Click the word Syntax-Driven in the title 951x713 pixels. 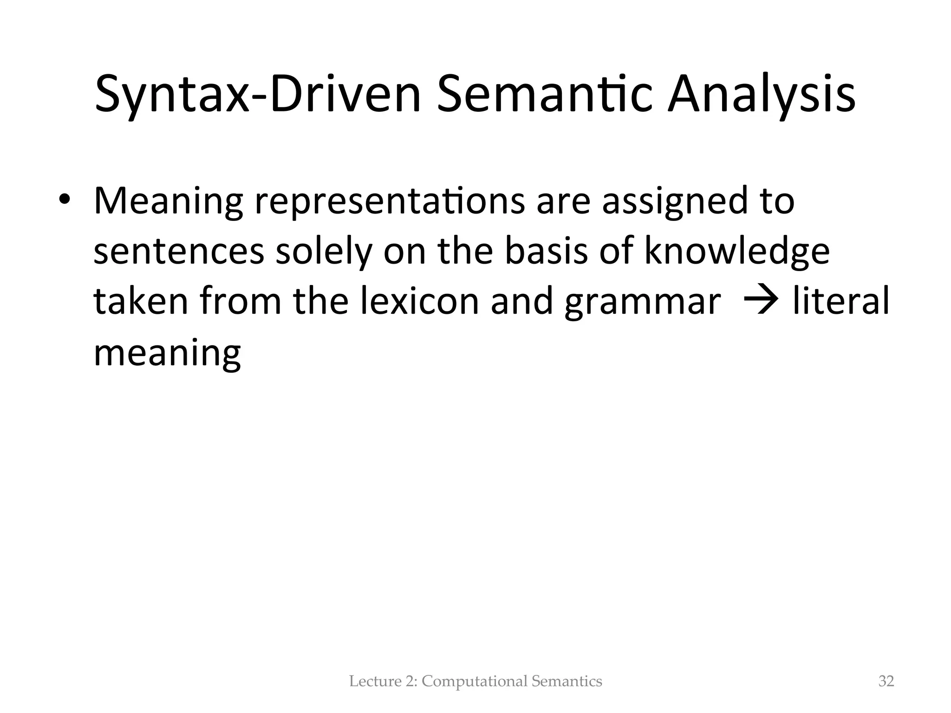tap(258, 95)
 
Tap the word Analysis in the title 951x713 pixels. tap(761, 95)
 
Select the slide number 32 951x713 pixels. tap(886, 681)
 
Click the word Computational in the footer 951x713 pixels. tap(475, 681)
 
